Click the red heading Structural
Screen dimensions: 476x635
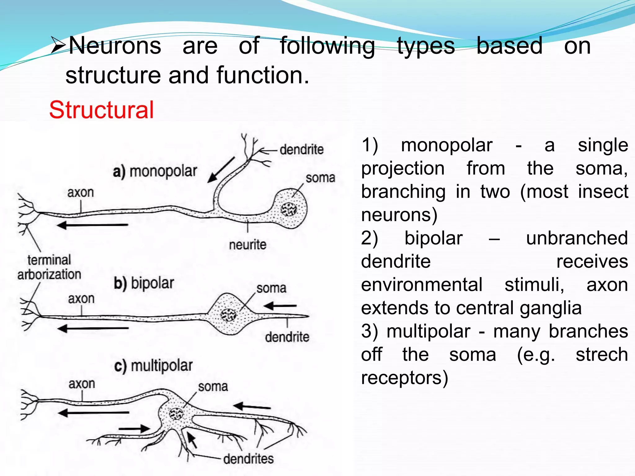(101, 110)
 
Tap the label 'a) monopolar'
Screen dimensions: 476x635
(155, 171)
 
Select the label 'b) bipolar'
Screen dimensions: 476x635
(144, 283)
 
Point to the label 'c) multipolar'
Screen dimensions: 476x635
(153, 366)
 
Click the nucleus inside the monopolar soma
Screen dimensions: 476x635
(288, 210)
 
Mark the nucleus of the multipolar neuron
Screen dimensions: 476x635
(176, 413)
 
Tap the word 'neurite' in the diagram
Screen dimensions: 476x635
(247, 245)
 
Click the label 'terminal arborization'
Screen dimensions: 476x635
(49, 267)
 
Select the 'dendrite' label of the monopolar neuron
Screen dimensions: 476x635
(301, 150)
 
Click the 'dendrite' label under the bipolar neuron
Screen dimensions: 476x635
(287, 337)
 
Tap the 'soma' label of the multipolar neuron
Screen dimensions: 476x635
(213, 387)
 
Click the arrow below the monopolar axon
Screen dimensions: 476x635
(93, 225)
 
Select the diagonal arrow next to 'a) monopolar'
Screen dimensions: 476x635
(221, 170)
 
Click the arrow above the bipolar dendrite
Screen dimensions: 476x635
(280, 306)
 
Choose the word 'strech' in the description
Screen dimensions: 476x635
(602, 355)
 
